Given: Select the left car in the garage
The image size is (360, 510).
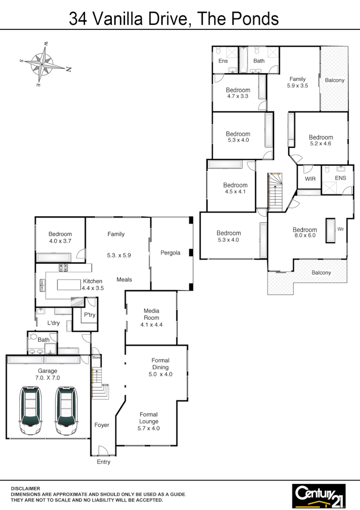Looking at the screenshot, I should click(x=31, y=411).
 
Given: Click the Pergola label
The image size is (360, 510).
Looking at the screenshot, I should click(x=170, y=253).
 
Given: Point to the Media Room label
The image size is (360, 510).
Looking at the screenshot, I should click(x=151, y=314).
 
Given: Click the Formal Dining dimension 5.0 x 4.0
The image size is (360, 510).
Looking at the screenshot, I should click(x=160, y=374).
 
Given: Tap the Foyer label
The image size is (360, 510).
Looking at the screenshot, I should click(x=102, y=425).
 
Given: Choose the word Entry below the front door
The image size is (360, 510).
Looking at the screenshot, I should click(x=103, y=462).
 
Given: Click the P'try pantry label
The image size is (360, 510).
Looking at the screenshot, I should click(x=90, y=315).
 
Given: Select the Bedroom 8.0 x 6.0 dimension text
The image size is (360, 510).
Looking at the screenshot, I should click(x=304, y=236).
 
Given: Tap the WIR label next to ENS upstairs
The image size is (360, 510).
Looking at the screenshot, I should click(x=310, y=179).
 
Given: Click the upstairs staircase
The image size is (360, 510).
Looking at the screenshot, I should click(x=275, y=191).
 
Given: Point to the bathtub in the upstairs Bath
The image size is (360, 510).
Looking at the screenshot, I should click(x=243, y=60).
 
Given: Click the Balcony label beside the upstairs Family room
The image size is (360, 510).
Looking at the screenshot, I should click(x=335, y=80).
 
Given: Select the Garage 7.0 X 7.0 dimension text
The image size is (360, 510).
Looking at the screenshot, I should click(x=48, y=378).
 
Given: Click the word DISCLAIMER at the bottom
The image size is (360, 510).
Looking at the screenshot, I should click(x=26, y=489).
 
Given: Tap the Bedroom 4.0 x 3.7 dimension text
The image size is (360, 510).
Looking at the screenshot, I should click(x=60, y=241).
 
